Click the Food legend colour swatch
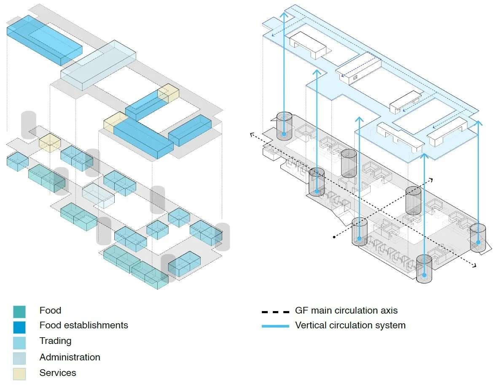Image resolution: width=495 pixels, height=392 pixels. pos(19,311)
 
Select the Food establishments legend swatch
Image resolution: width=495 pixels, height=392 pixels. pos(19,327)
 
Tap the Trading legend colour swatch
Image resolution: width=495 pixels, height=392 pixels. pos(19,342)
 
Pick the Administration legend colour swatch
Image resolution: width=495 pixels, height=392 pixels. pos(19,358)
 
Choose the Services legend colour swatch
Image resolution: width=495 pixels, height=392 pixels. pos(19,373)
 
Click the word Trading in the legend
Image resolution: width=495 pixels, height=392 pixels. pos(55,341)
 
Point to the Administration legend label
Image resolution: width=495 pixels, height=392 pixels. pos(70,357)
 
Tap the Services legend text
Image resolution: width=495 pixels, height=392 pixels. pos(58,373)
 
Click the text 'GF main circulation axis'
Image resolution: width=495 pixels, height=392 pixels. pos(346,311)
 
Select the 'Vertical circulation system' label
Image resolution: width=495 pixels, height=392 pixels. pos(350,325)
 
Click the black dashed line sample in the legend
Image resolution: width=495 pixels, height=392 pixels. pos(275,312)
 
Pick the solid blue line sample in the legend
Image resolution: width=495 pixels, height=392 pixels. pos(275,326)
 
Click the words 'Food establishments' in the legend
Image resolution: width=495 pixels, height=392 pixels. pos(83,325)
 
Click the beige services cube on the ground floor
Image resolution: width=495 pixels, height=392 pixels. pos(50,143)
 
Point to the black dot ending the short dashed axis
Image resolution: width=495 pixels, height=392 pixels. pos(334,237)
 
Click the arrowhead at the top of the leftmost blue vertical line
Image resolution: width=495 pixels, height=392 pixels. pos(284,15)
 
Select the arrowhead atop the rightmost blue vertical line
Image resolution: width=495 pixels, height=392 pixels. pos(478,123)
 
